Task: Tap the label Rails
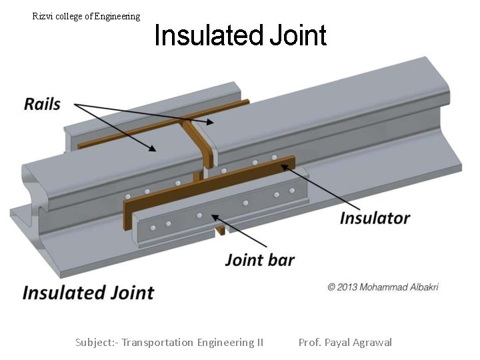tap(42, 104)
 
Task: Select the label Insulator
tap(375, 218)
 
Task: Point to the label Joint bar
tap(259, 260)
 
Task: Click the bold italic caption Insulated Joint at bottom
tap(88, 293)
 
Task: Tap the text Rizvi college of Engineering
tap(86, 16)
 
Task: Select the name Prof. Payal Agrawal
tap(345, 343)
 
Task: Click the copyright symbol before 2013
tap(331, 287)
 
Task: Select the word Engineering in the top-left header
tap(117, 16)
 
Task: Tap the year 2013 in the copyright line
tap(347, 287)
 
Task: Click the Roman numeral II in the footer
tap(259, 343)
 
